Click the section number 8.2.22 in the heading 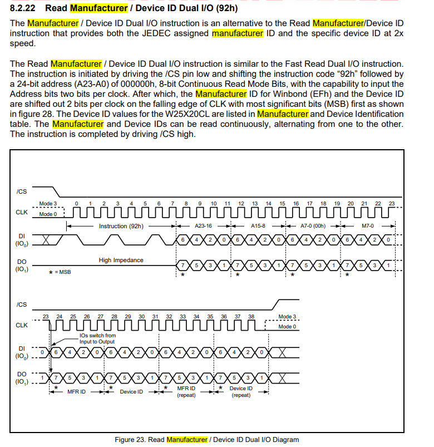25,8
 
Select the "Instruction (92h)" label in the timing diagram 121,226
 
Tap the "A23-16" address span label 203,226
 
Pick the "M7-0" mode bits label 368,226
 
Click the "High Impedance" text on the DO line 121,260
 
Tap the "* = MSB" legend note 60,272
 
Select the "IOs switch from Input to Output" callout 97,338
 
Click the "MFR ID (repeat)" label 186,392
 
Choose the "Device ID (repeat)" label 241,392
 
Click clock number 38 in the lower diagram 251,316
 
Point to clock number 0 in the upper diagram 76,204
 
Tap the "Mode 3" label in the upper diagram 48,204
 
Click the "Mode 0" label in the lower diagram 287,327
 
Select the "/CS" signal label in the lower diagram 22,304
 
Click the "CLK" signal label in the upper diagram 22,212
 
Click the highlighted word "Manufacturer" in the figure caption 187,440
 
